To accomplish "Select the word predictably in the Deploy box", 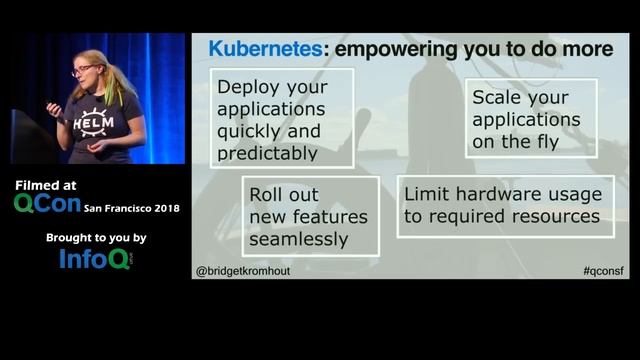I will click(267, 153).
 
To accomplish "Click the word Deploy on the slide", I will click(245, 87).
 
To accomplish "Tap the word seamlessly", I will click(298, 239).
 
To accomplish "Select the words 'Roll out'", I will click(285, 194).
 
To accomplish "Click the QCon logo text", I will click(46, 203).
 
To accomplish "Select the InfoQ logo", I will click(94, 259).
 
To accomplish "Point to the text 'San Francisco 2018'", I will click(134, 207).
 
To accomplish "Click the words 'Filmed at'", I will click(47, 185).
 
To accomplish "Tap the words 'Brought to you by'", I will click(96, 238).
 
